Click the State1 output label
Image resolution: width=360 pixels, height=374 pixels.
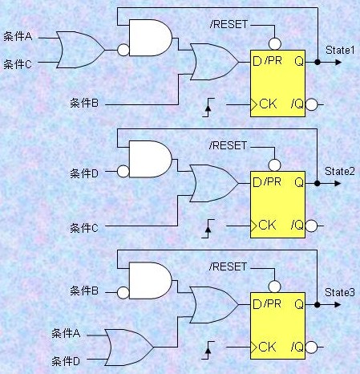pos(340,50)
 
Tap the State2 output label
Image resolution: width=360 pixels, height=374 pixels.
pos(340,171)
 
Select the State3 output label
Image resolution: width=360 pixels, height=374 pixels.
pos(340,292)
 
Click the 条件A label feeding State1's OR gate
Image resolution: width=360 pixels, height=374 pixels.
pos(18,36)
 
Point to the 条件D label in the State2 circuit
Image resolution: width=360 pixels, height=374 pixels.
pos(84,173)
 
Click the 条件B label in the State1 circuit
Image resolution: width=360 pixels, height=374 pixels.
pos(84,103)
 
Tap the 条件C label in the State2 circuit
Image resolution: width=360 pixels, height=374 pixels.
pos(84,228)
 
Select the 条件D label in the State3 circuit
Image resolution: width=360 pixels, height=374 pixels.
pos(66,361)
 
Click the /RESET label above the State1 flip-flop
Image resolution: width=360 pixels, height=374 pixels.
pos(229,24)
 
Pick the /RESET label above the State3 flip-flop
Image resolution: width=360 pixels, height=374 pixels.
pos(229,266)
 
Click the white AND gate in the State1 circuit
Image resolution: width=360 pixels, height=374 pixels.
pos(151,38)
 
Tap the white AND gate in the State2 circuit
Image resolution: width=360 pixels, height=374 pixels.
pos(151,159)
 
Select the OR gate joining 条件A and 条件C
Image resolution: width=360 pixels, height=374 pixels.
pos(81,50)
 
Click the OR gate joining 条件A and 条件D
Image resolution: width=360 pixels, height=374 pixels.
pos(129,348)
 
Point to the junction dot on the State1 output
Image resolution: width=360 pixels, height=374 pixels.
pos(318,62)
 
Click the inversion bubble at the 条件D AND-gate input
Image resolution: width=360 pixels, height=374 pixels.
pos(123,171)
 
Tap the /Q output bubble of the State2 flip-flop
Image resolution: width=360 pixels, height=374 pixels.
pos(311,226)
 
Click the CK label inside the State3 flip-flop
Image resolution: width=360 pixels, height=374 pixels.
pos(267,347)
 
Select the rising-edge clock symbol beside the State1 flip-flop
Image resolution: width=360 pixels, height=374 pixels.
pos(208,108)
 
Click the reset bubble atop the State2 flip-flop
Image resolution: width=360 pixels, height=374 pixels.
pos(274,165)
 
